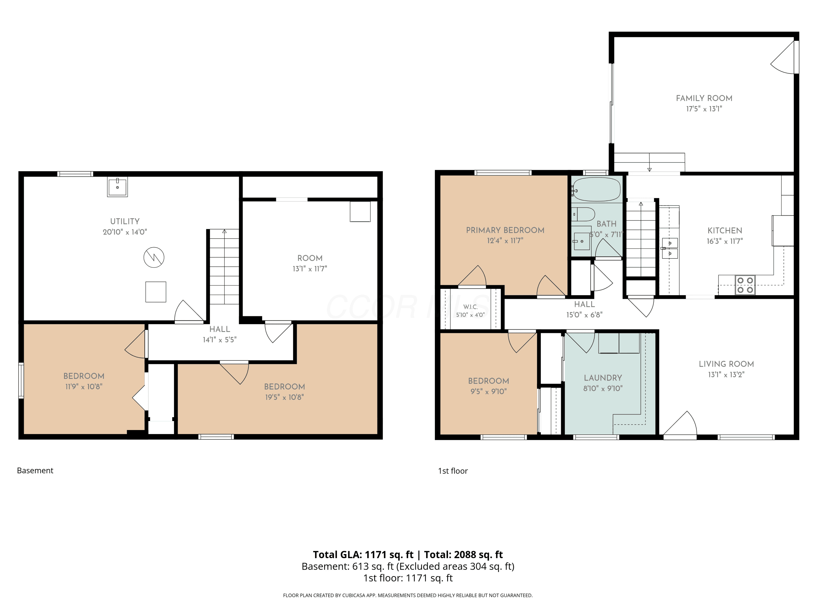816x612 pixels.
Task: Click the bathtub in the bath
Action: (x=596, y=189)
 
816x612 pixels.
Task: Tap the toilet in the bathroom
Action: (x=583, y=214)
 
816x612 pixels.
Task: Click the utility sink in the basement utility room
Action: (x=117, y=187)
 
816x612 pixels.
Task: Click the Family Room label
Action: (x=704, y=98)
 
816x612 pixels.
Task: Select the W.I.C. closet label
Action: (x=470, y=307)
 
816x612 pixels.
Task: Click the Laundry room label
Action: (x=603, y=378)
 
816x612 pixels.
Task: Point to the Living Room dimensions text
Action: (x=726, y=375)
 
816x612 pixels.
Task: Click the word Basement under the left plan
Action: (x=35, y=470)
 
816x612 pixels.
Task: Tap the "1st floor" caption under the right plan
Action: (x=453, y=471)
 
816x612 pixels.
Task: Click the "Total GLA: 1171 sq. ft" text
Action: (x=363, y=554)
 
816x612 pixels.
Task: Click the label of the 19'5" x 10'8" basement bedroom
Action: (x=285, y=387)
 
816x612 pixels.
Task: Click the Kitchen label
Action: (x=725, y=231)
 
